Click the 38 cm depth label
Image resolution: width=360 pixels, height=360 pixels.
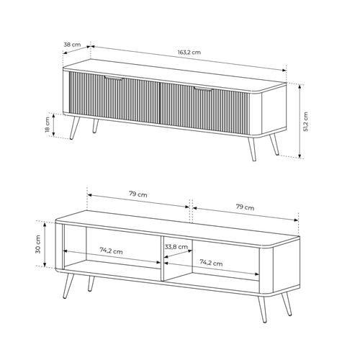(71, 45)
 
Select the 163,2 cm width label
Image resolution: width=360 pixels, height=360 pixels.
(189, 53)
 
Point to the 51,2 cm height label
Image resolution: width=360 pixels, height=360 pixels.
(306, 122)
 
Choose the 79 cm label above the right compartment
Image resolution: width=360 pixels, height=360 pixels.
(244, 207)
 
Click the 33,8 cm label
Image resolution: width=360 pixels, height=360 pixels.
(176, 247)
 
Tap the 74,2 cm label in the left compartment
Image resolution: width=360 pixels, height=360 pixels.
(111, 251)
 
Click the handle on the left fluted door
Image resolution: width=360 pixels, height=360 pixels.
(114, 77)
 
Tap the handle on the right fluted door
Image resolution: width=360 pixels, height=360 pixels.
(202, 89)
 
